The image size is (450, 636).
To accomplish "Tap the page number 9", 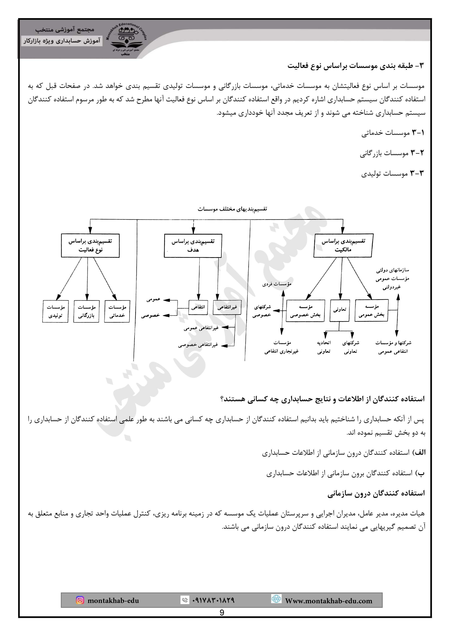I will [222, 612].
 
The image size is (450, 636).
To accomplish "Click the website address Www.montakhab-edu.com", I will [328, 600].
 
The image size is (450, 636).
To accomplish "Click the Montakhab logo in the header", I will [126, 39].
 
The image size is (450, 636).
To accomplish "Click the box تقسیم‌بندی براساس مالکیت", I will [343, 245].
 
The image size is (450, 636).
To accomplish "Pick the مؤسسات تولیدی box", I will [56, 311].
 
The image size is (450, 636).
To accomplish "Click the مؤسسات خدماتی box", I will [117, 311].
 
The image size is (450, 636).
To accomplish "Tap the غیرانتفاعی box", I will [227, 307].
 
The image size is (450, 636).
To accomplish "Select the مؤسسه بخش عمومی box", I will [371, 310].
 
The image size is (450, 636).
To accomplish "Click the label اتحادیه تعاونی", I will [324, 347].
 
